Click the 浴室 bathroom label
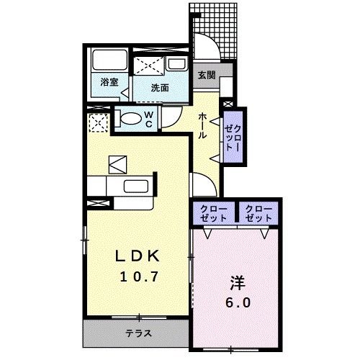(x=109, y=82)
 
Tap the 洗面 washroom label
(x=160, y=88)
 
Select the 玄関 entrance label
(x=206, y=74)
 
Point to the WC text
(x=148, y=120)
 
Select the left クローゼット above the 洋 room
(x=212, y=213)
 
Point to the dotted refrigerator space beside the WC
(x=97, y=123)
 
